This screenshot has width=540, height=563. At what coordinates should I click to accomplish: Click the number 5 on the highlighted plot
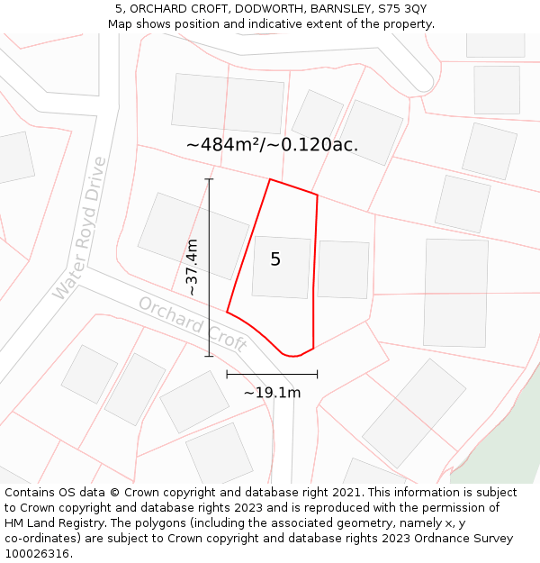pos(275,259)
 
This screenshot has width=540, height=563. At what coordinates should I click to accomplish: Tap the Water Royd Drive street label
pos(79,229)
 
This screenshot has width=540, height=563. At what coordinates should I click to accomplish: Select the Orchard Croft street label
pos(192,323)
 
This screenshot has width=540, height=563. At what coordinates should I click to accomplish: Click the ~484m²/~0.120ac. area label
pos(272,144)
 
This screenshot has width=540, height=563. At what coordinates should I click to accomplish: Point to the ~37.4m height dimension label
pos(192,267)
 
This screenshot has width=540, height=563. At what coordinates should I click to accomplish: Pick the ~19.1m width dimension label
pos(272,392)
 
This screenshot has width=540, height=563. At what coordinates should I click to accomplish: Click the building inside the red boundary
pos(281,267)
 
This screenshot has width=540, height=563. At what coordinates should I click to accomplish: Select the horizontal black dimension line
pos(272,374)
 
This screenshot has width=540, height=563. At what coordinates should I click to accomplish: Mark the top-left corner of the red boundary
pos(270,179)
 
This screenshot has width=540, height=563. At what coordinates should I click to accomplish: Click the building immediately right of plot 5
pos(343,269)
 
